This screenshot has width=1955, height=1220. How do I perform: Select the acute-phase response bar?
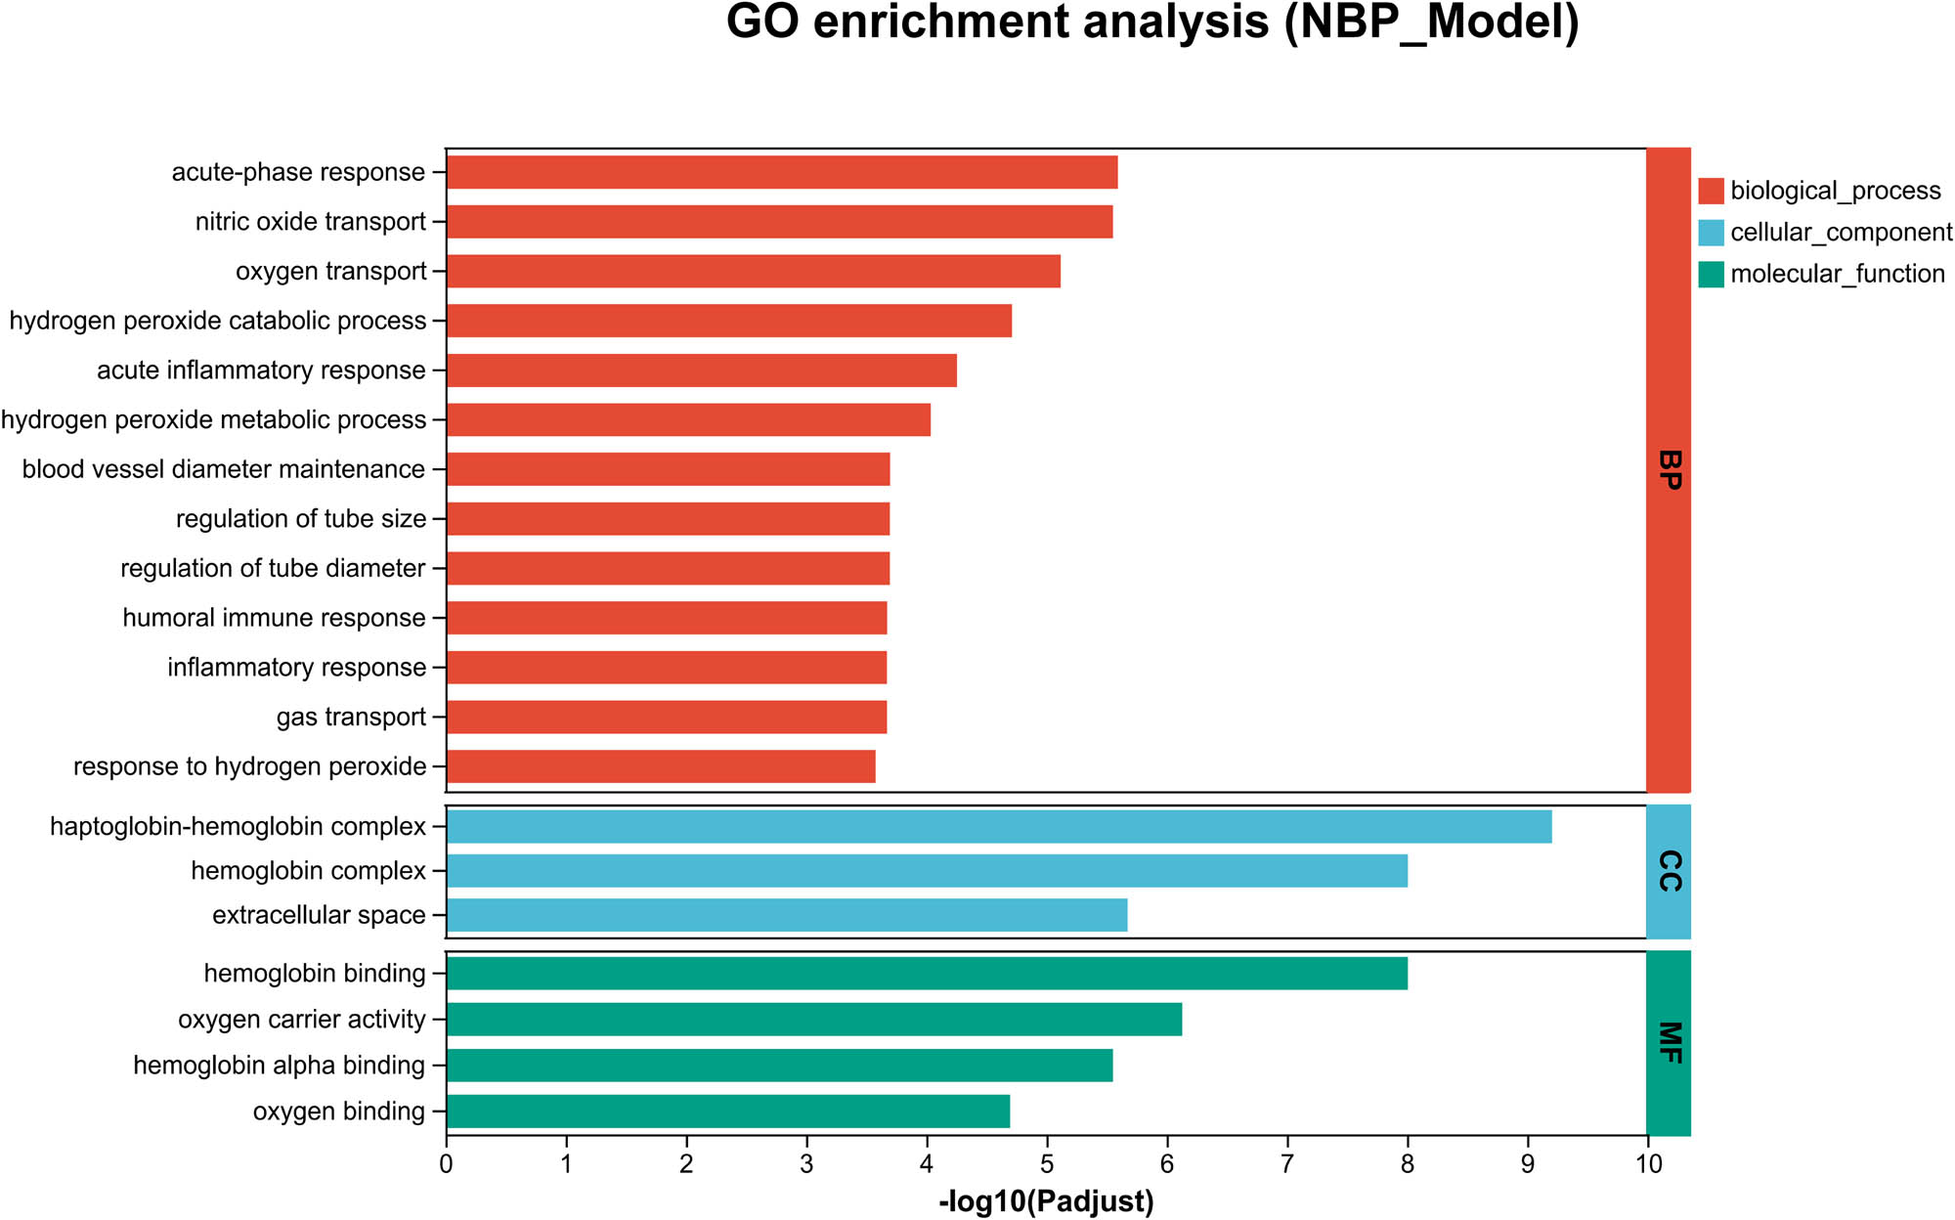(x=782, y=172)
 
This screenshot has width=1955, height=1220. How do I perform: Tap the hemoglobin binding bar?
(x=927, y=973)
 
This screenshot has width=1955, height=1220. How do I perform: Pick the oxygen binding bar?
(x=728, y=1111)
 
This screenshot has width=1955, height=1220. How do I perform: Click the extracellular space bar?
(x=787, y=915)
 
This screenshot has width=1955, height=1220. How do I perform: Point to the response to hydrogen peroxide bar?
(x=661, y=766)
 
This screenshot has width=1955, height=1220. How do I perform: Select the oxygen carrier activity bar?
(x=814, y=1020)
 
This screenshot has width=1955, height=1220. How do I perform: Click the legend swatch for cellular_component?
(x=1711, y=233)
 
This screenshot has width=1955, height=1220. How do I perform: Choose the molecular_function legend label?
(x=1837, y=274)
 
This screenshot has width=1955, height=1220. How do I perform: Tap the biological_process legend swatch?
(x=1711, y=191)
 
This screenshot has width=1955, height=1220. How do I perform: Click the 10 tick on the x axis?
(x=1648, y=1164)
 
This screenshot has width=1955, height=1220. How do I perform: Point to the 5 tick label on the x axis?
(x=1047, y=1164)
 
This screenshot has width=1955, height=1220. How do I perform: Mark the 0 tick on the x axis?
(x=447, y=1164)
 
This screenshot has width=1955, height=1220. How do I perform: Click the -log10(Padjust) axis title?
(x=1046, y=1201)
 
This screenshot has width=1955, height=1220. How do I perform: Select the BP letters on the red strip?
(x=1670, y=470)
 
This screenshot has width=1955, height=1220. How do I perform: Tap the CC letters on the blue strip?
(x=1670, y=871)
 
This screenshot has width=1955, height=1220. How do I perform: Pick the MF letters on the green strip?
(x=1670, y=1043)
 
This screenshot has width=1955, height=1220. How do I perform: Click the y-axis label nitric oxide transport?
(x=311, y=222)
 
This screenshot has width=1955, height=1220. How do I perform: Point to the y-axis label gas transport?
(x=351, y=718)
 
